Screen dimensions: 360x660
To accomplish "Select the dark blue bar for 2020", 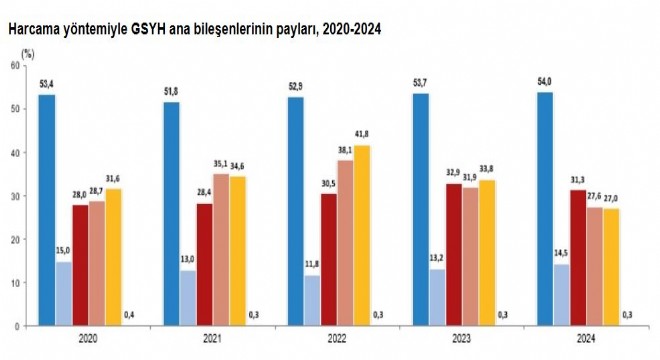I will (x=47, y=210).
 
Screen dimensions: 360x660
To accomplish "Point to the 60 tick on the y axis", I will (x=14, y=65).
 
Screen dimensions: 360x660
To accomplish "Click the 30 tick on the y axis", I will (x=14, y=196).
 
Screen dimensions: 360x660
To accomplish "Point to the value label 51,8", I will (x=172, y=92).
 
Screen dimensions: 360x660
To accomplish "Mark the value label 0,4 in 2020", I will (x=129, y=315).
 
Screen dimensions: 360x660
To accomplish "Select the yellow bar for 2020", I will (x=114, y=257).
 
